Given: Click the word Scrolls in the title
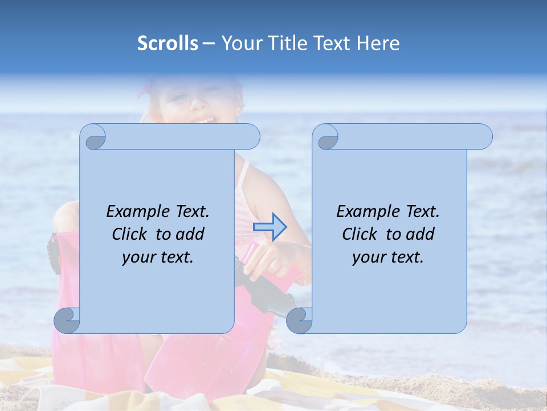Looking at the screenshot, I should tap(168, 43).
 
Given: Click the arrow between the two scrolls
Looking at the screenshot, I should tap(270, 227).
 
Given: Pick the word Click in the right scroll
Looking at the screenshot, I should tap(360, 234).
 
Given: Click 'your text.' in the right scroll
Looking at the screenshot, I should tap(387, 257).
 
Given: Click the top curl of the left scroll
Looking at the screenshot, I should tap(93, 137).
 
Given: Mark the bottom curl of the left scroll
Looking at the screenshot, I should tap(67, 320).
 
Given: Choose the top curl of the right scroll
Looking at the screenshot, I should tap(326, 137).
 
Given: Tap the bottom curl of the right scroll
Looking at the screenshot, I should tap(299, 320).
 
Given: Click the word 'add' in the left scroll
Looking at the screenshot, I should tap(190, 234).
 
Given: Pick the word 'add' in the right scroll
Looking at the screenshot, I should tap(421, 234).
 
